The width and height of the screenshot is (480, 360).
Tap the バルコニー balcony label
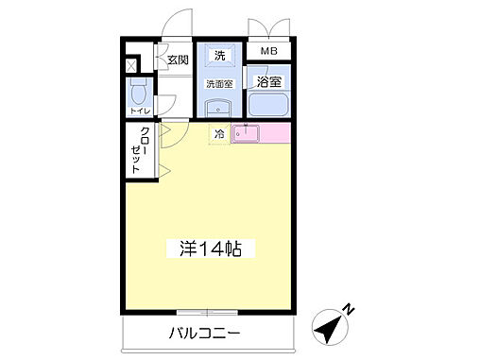[205, 333]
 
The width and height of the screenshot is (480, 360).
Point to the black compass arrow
[328, 329]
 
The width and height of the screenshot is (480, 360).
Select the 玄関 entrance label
[178, 60]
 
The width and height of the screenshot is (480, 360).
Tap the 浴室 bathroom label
[268, 82]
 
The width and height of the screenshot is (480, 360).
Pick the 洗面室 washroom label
[219, 85]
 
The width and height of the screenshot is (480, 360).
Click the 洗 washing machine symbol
[219, 56]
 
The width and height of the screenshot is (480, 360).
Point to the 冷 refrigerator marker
[219, 135]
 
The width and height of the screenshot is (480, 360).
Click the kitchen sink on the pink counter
[249, 134]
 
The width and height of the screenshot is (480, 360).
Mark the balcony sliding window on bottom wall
[205, 311]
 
